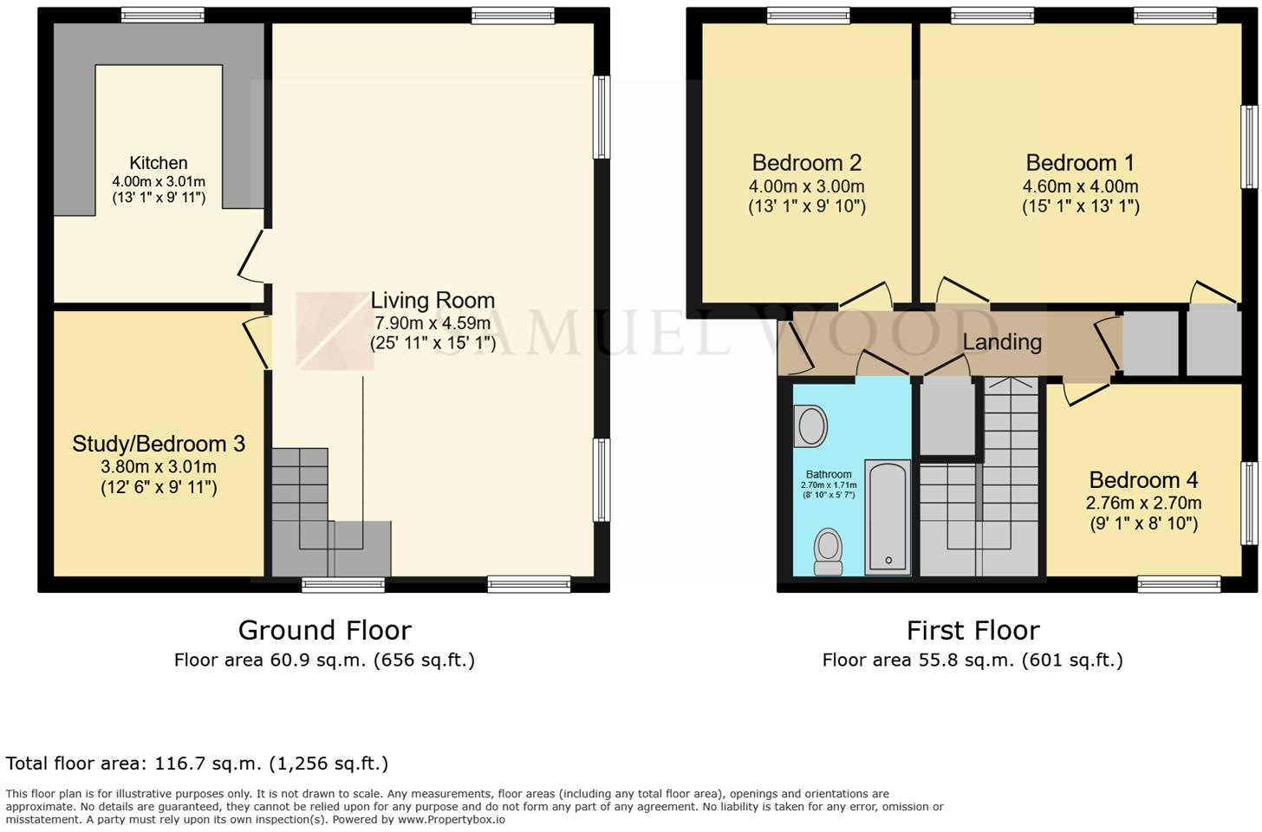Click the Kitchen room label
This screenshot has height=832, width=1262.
pyautogui.click(x=158, y=163)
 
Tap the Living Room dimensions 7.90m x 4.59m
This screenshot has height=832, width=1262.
pyautogui.click(x=433, y=323)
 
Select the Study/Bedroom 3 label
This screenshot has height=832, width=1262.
pyautogui.click(x=159, y=444)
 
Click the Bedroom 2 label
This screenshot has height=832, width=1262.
pyautogui.click(x=806, y=163)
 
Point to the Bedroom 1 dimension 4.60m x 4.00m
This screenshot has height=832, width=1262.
pyautogui.click(x=1080, y=186)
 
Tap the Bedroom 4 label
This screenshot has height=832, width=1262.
pyautogui.click(x=1143, y=480)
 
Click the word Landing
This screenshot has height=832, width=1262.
pyautogui.click(x=1002, y=342)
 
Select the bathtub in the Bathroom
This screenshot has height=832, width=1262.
pyautogui.click(x=888, y=517)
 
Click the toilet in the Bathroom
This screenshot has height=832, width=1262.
pyautogui.click(x=829, y=551)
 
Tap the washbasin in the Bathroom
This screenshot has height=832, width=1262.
pyautogui.click(x=810, y=427)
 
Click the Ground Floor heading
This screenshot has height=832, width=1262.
pyautogui.click(x=324, y=630)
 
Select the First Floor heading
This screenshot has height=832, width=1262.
pyautogui.click(x=973, y=630)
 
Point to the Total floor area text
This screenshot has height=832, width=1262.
pyautogui.click(x=197, y=764)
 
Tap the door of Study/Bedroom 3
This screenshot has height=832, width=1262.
pyautogui.click(x=257, y=341)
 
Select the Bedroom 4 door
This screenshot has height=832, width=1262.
pyautogui.click(x=1083, y=393)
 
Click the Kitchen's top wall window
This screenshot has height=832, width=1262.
pyautogui.click(x=162, y=15)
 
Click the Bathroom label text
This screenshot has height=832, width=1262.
pyautogui.click(x=829, y=474)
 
